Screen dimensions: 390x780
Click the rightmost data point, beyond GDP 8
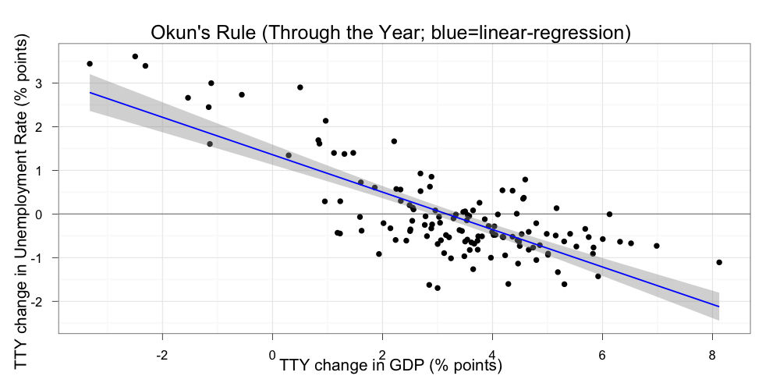click(x=719, y=262)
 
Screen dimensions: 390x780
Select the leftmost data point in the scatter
click(x=90, y=64)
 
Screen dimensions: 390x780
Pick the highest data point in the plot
click(x=135, y=56)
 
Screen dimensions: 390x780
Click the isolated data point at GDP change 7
click(x=657, y=246)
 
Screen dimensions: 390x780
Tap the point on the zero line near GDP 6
click(x=609, y=214)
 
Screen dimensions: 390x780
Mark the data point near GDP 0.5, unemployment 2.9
click(x=300, y=87)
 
